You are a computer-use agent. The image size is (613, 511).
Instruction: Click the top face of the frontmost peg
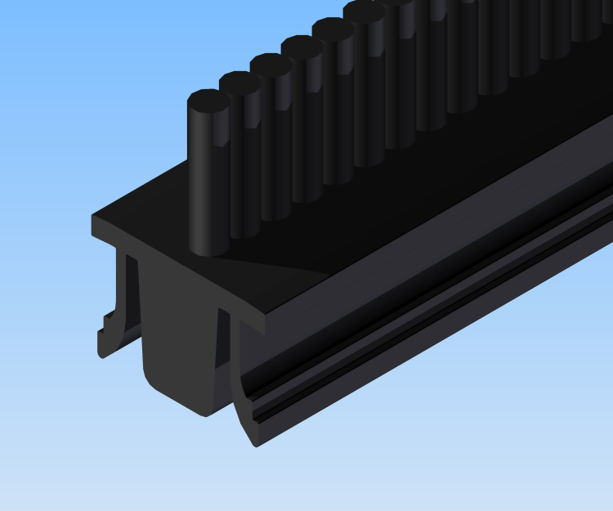[208, 101]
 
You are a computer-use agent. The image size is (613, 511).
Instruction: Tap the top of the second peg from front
[240, 83]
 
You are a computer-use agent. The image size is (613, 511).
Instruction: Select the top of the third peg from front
[271, 65]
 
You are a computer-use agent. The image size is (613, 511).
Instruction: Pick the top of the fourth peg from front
[302, 47]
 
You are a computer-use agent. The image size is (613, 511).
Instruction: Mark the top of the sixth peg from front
[364, 11]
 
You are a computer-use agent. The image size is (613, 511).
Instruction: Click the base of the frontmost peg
[209, 244]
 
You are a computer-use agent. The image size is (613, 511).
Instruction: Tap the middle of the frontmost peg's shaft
[208, 176]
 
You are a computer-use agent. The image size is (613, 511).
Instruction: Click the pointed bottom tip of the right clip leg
[256, 442]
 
